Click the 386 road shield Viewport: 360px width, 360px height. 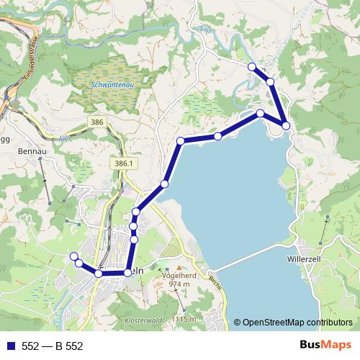tap(98, 124)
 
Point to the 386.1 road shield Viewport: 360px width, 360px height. tap(124, 164)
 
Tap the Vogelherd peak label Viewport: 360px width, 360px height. tap(180, 274)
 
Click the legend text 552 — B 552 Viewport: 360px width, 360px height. tap(53, 346)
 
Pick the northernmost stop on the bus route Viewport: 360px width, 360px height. tap(252, 66)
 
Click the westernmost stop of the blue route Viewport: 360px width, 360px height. tap(73, 256)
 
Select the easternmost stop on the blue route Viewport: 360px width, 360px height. tap(286, 126)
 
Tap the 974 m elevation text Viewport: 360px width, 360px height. tap(179, 284)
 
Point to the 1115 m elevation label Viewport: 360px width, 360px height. tap(184, 319)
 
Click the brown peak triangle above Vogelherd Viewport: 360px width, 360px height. tap(180, 266)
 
